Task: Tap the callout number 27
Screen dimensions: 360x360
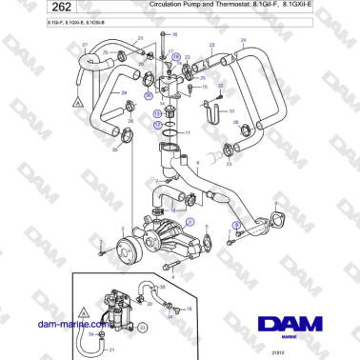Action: click(x=85, y=45)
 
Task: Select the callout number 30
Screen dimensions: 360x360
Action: click(x=114, y=150)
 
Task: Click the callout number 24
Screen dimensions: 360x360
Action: click(x=242, y=41)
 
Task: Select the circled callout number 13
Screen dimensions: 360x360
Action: click(x=158, y=112)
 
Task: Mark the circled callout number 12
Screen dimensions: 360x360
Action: click(x=158, y=124)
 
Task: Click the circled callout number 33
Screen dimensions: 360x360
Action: click(x=143, y=324)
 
